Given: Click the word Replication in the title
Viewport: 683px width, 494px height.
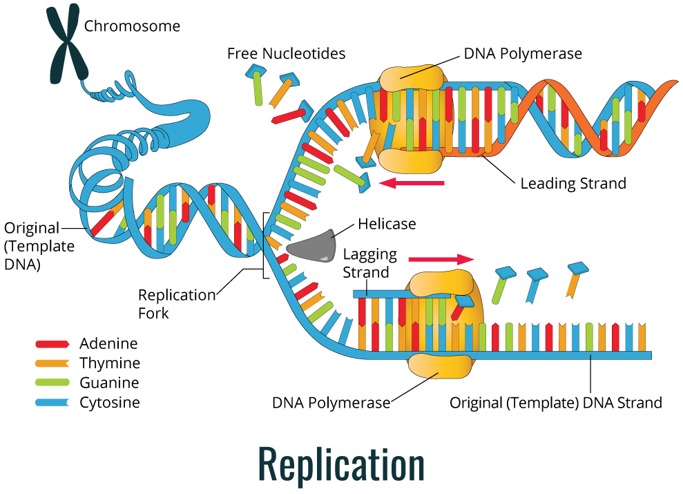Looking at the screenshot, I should (342, 464).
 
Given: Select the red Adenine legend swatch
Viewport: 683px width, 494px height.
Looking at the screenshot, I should (52, 343).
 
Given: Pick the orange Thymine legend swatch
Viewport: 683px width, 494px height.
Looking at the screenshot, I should (52, 363).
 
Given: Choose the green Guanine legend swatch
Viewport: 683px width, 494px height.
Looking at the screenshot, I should (52, 383).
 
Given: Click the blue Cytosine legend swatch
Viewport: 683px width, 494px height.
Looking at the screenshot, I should (52, 402).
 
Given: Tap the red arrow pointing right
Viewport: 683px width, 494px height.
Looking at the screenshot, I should (441, 259).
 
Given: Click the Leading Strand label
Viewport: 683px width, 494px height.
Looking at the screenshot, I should (573, 184).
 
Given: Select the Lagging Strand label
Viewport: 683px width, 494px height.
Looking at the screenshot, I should (369, 263).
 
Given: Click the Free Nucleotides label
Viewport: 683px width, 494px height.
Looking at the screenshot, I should (286, 53).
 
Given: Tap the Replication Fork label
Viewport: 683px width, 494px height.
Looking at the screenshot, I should (177, 303).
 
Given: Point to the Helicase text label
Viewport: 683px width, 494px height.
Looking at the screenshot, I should (387, 224).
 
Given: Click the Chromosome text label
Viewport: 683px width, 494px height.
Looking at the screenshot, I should (132, 26).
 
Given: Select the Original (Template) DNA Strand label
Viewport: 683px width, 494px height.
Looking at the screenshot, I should (555, 402).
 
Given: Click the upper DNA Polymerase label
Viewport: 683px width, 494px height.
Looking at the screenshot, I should (523, 53).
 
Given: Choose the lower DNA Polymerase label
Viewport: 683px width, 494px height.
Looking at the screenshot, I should (331, 402).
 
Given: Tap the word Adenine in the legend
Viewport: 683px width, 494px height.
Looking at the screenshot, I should (108, 343).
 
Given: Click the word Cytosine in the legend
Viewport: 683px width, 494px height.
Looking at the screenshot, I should (109, 402).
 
